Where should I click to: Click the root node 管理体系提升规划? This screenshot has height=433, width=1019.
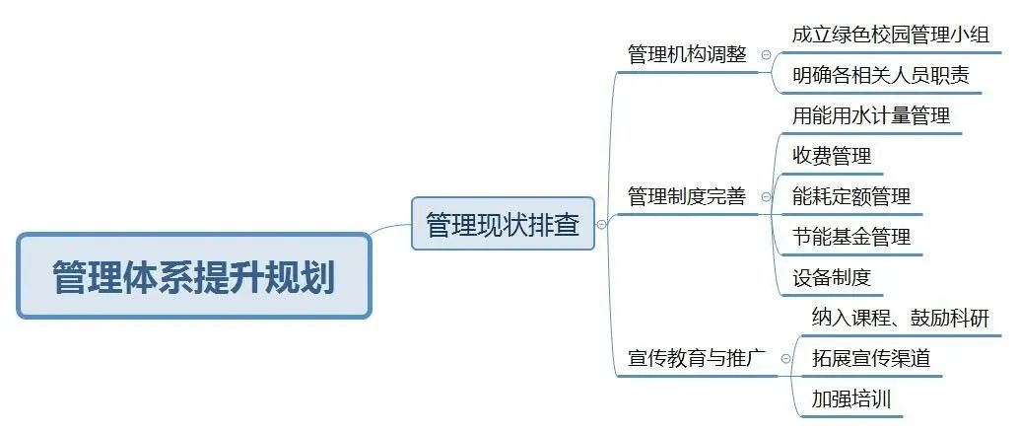[193, 276]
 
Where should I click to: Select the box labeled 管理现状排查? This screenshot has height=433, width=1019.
[503, 224]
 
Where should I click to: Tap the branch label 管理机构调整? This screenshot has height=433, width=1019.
[687, 54]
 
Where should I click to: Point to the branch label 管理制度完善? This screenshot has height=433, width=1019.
[687, 196]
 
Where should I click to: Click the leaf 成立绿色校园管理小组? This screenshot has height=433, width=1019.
[890, 35]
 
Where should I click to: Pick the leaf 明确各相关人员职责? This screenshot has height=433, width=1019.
[880, 76]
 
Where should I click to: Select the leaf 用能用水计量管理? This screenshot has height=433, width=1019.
[871, 115]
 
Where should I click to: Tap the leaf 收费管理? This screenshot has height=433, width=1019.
[832, 156]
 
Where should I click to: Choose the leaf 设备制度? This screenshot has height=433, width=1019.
[832, 277]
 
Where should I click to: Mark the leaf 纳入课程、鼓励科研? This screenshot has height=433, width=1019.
[900, 318]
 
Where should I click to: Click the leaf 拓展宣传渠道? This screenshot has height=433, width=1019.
[870, 358]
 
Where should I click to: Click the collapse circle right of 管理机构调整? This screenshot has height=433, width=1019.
[766, 55]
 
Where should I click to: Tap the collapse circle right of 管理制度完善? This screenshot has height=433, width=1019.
[766, 197]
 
